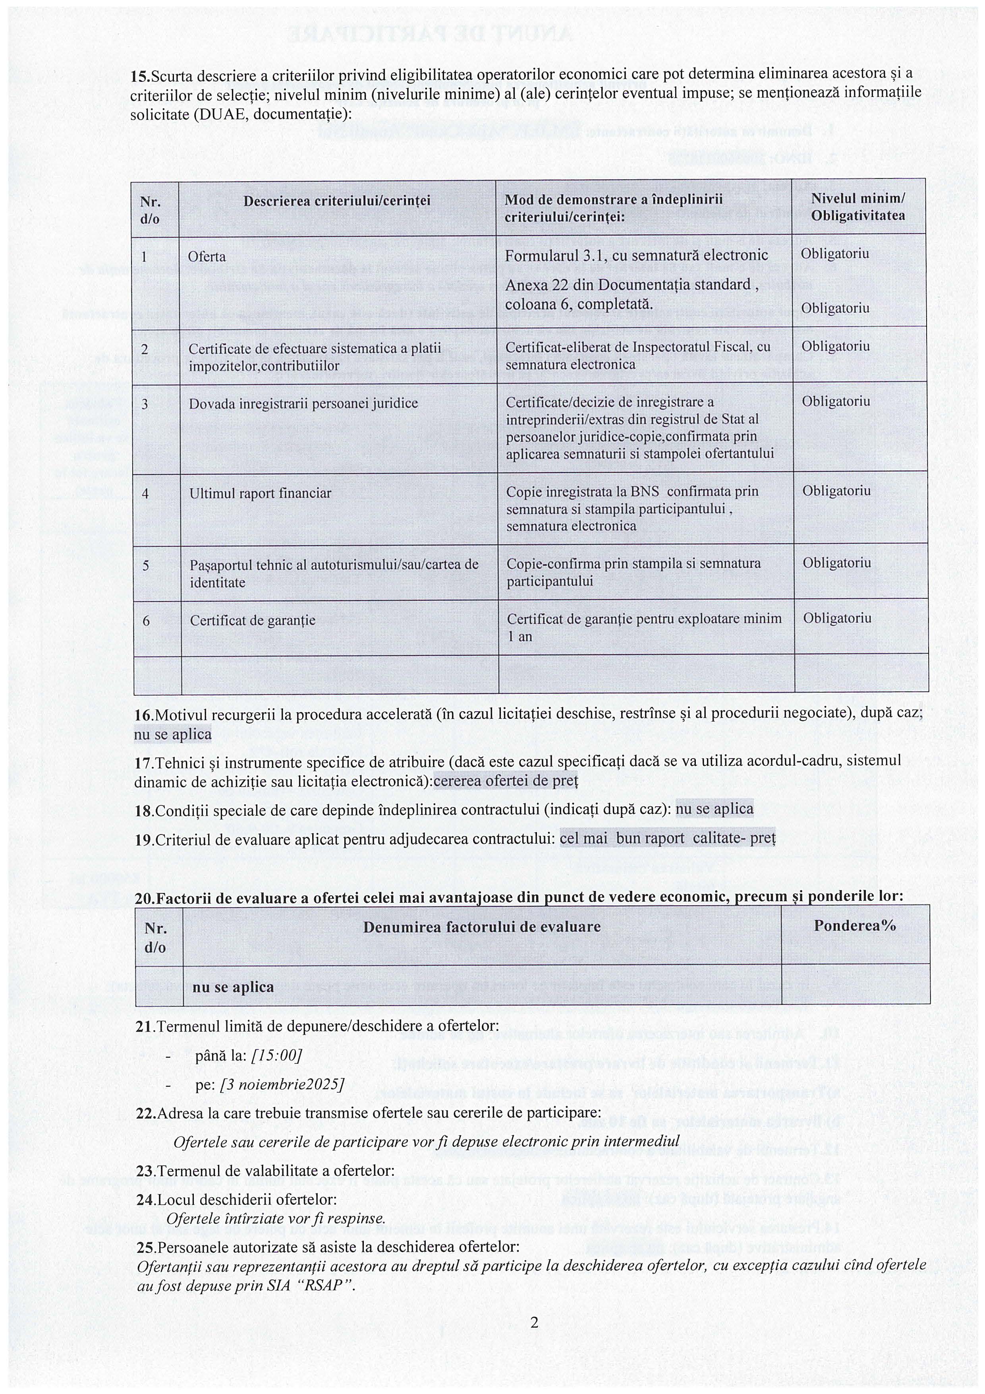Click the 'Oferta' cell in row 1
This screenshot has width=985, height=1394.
(207, 257)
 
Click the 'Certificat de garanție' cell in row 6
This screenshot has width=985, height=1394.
(253, 620)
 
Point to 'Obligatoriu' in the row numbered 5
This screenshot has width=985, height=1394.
(837, 563)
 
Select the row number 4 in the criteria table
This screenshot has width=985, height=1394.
(145, 494)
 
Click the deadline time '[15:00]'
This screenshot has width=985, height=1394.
(276, 1055)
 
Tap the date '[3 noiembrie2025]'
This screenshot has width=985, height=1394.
(282, 1084)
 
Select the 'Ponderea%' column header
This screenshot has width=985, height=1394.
(854, 926)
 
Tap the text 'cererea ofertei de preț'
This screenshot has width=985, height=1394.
(506, 781)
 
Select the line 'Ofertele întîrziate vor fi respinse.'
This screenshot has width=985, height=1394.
(276, 1218)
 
